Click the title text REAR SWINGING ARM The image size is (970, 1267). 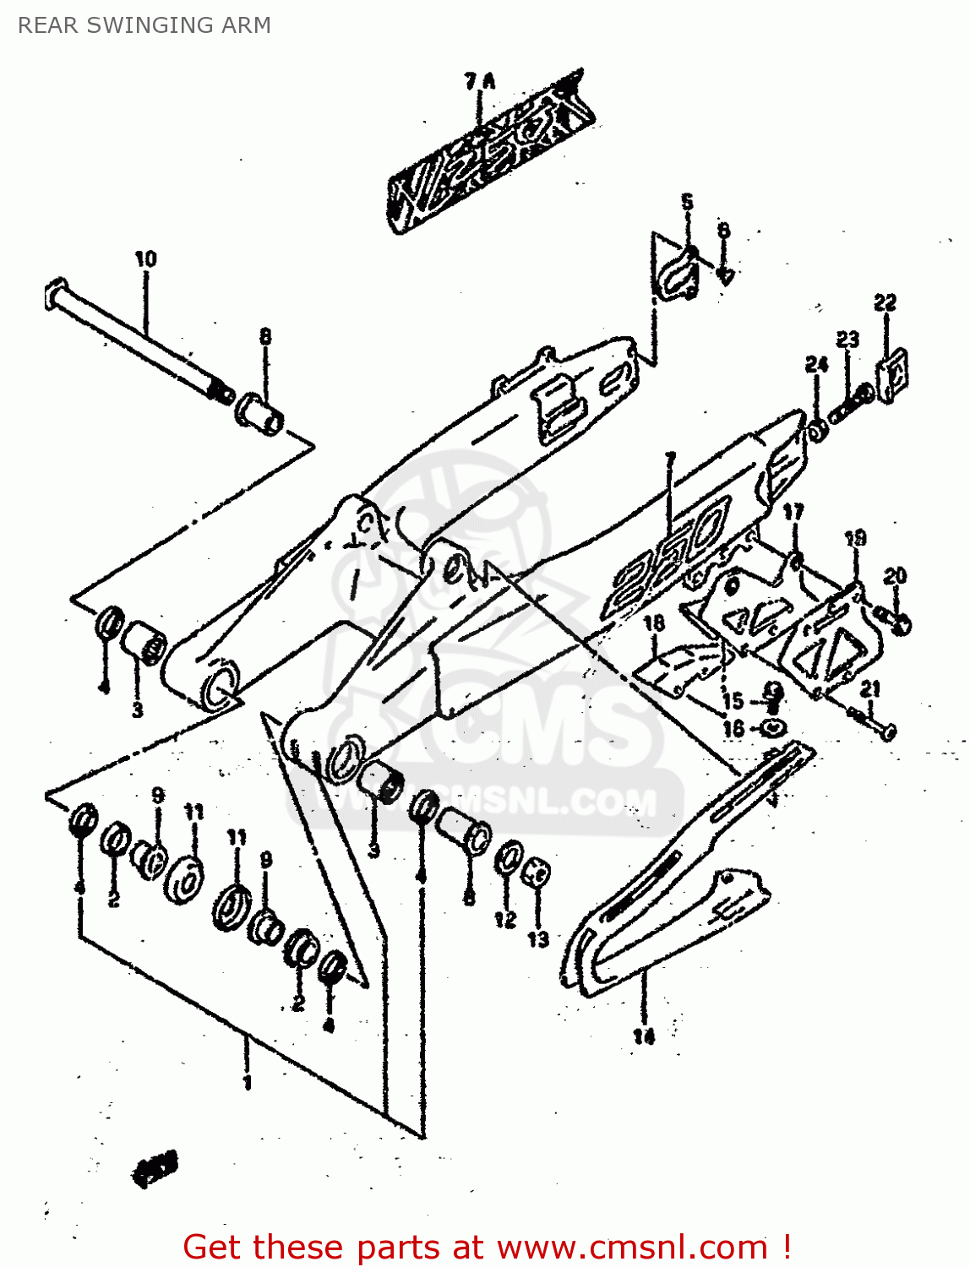tap(144, 25)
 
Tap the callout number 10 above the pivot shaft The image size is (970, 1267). tap(145, 258)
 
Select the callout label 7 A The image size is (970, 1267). tap(480, 81)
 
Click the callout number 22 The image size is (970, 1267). tap(885, 302)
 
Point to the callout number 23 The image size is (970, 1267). tap(847, 339)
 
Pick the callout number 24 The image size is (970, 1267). tap(816, 364)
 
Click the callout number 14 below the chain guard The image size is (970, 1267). tap(644, 1036)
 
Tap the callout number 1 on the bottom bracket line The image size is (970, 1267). tap(247, 1082)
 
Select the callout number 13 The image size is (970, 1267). tap(538, 938)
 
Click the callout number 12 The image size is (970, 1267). tap(505, 919)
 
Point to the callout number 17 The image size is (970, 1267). tap(793, 512)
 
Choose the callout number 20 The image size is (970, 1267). tap(895, 576)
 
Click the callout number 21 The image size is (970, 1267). tap(870, 688)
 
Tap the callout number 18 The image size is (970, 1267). tap(654, 623)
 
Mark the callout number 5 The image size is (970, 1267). tap(687, 202)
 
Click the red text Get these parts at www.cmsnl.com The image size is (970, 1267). tap(487, 1247)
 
